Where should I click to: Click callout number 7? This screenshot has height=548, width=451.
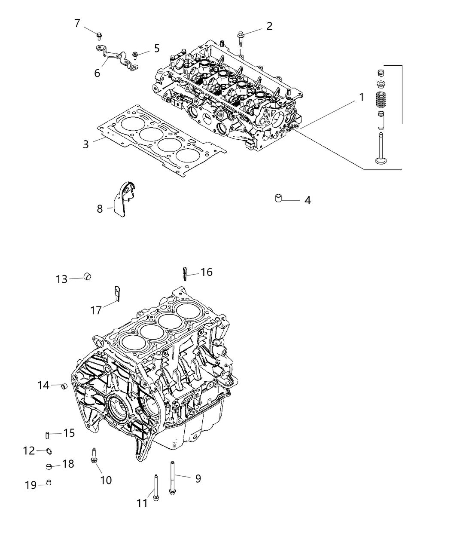click(x=77, y=23)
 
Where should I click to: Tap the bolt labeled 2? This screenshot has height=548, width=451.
click(x=240, y=40)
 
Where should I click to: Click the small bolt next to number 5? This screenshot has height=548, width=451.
click(x=135, y=54)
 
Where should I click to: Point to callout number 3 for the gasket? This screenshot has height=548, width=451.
click(x=86, y=144)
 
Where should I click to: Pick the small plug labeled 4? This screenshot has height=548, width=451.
click(x=279, y=199)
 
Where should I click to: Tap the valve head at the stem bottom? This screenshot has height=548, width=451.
click(x=380, y=162)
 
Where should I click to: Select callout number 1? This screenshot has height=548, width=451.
click(x=361, y=97)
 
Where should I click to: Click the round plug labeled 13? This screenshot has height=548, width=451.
click(x=88, y=276)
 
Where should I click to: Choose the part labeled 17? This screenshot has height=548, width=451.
click(x=117, y=293)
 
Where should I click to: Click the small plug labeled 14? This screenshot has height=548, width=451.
click(x=64, y=386)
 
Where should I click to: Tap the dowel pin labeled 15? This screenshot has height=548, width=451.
click(x=48, y=435)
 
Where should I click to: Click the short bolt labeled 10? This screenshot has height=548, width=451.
click(x=94, y=456)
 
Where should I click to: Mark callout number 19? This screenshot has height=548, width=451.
click(x=30, y=485)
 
